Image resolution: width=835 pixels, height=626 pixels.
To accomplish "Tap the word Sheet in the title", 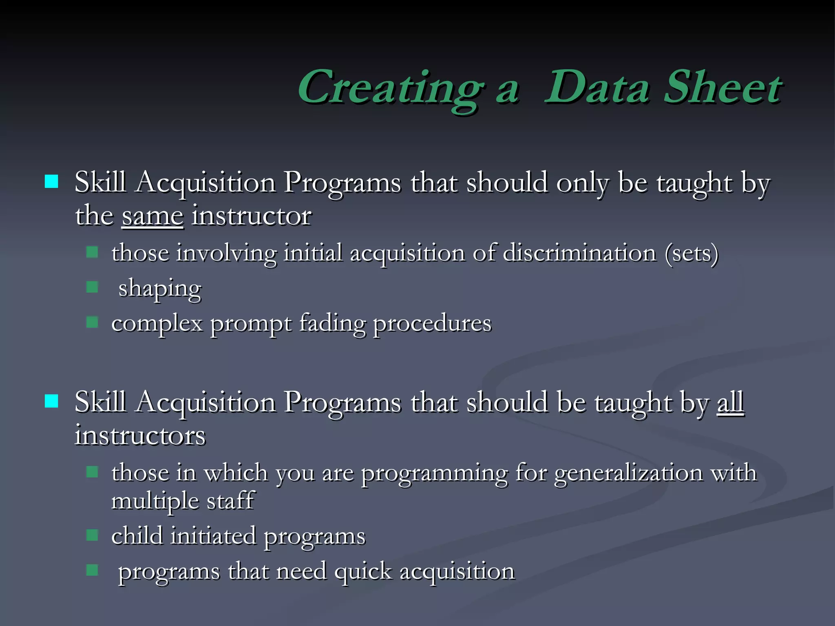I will [x=722, y=87].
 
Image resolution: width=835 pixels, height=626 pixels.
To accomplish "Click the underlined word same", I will [x=152, y=216].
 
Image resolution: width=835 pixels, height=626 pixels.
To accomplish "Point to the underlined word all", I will [x=730, y=403].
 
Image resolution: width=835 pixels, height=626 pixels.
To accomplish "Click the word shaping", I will [x=160, y=289].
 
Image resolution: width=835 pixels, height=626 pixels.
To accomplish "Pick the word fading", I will [x=332, y=324].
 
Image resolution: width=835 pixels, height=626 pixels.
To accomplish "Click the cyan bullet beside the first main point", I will [x=51, y=182].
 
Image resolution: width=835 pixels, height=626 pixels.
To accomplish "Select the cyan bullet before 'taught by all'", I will [x=51, y=401].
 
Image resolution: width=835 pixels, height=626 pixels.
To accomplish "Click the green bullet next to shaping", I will [x=93, y=287].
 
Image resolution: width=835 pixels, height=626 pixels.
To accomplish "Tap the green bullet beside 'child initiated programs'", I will [x=93, y=535].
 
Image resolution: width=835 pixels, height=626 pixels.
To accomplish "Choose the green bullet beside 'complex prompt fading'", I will [x=93, y=323].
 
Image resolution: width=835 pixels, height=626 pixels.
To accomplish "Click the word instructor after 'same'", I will [x=252, y=216].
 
